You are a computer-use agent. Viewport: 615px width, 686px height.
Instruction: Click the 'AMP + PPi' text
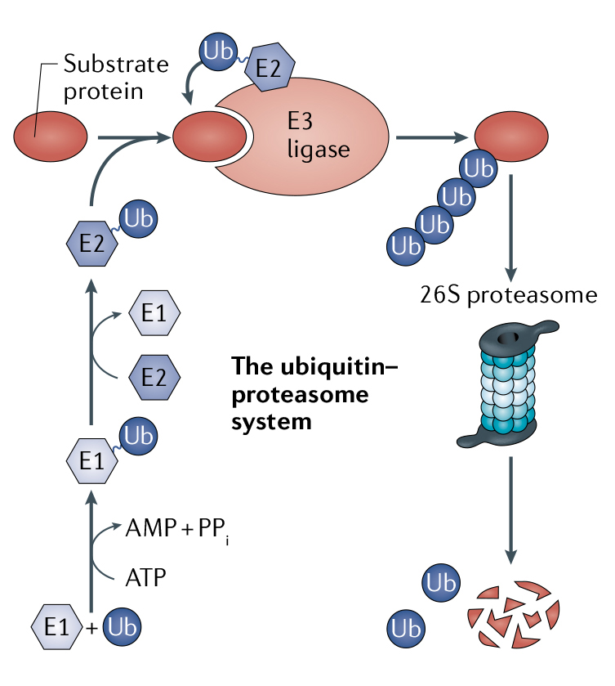pyautogui.click(x=176, y=528)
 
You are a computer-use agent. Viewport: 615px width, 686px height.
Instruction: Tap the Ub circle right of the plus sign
pyautogui.click(x=120, y=628)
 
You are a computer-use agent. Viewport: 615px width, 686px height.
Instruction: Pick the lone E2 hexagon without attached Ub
pyautogui.click(x=154, y=376)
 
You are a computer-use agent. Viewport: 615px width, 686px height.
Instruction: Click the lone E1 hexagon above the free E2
pyautogui.click(x=154, y=314)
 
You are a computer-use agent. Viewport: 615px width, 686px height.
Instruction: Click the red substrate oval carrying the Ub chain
pyautogui.click(x=510, y=133)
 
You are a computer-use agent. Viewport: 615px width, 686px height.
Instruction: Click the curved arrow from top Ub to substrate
pyautogui.click(x=193, y=90)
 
